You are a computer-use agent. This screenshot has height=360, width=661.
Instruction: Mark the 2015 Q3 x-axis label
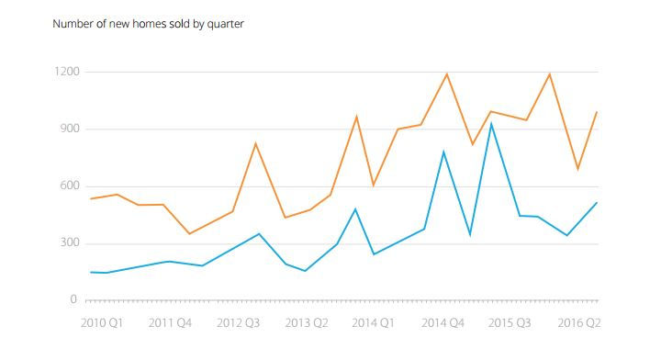coord(511,323)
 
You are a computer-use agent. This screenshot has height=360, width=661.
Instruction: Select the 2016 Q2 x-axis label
coord(578,323)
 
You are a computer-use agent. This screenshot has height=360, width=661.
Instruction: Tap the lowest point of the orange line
coord(189,233)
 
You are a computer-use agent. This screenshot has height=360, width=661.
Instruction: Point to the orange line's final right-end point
coord(598,112)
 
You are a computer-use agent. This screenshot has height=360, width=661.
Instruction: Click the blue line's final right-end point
coord(598,203)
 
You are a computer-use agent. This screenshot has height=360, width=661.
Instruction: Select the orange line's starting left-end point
coord(89,198)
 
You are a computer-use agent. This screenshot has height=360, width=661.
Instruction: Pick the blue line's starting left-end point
coord(89,272)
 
